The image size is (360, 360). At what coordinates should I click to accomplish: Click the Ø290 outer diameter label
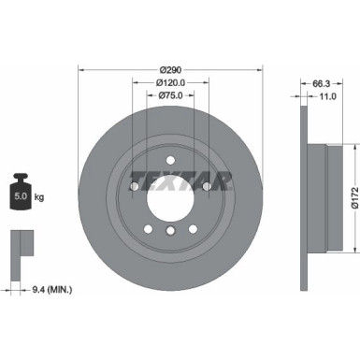170,69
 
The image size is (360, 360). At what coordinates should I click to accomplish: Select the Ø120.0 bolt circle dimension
169,83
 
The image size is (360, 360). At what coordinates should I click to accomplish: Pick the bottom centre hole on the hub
169,230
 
